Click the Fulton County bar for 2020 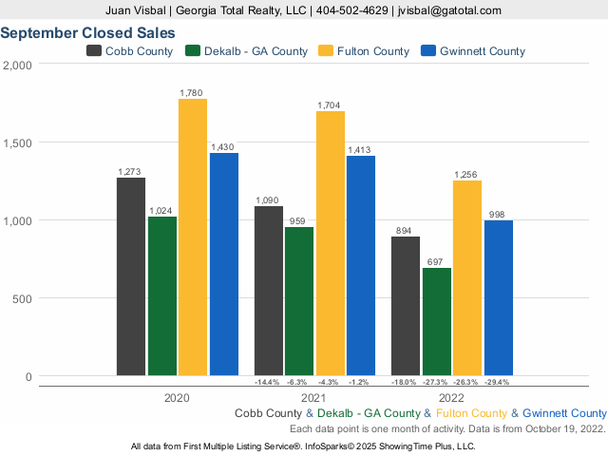(x=193, y=237)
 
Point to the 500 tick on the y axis (x=21, y=298)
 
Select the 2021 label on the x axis (x=314, y=399)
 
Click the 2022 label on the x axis (x=451, y=399)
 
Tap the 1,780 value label (x=193, y=92)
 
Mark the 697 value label (x=437, y=261)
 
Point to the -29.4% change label (x=499, y=383)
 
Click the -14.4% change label (x=269, y=383)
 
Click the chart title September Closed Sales (x=87, y=32)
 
